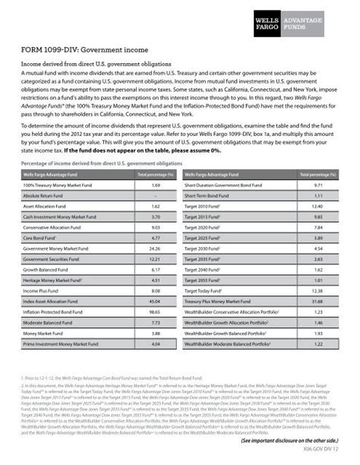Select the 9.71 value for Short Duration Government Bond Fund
[319, 185]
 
